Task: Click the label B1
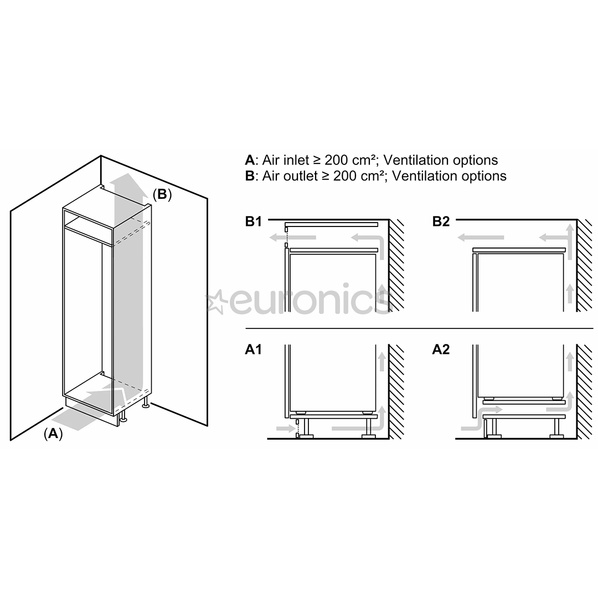(253, 222)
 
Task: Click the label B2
(441, 222)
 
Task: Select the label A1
(253, 350)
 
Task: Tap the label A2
(441, 350)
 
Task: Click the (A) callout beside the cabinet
(53, 434)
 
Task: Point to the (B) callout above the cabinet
(162, 194)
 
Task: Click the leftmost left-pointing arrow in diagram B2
(481, 238)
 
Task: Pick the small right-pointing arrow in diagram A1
(285, 428)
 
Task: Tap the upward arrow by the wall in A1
(382, 360)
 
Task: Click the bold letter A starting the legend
(250, 161)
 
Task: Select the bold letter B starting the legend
(250, 176)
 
